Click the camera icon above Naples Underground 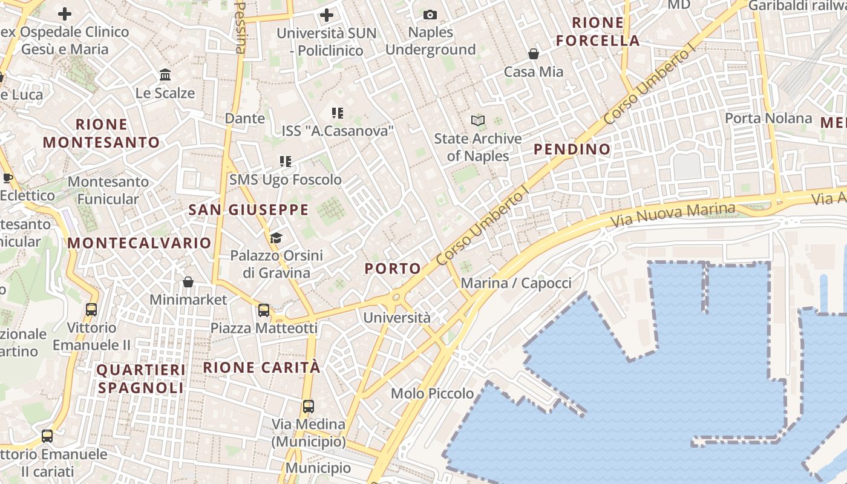click(430, 15)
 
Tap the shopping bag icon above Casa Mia click(534, 54)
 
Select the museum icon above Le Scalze click(165, 75)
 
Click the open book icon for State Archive click(478, 121)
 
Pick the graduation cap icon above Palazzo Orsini click(276, 238)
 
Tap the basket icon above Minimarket click(188, 282)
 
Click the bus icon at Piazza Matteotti click(264, 310)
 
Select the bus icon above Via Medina click(309, 407)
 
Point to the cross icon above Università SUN click(327, 15)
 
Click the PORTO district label click(393, 269)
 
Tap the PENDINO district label click(572, 149)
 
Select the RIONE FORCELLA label click(598, 32)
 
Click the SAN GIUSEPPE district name click(249, 210)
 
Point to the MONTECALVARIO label click(139, 243)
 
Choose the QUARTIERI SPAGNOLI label click(141, 378)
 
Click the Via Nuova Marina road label click(673, 215)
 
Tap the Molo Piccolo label click(432, 393)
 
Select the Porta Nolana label click(768, 118)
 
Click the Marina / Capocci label click(516, 283)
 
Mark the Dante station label click(245, 118)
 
